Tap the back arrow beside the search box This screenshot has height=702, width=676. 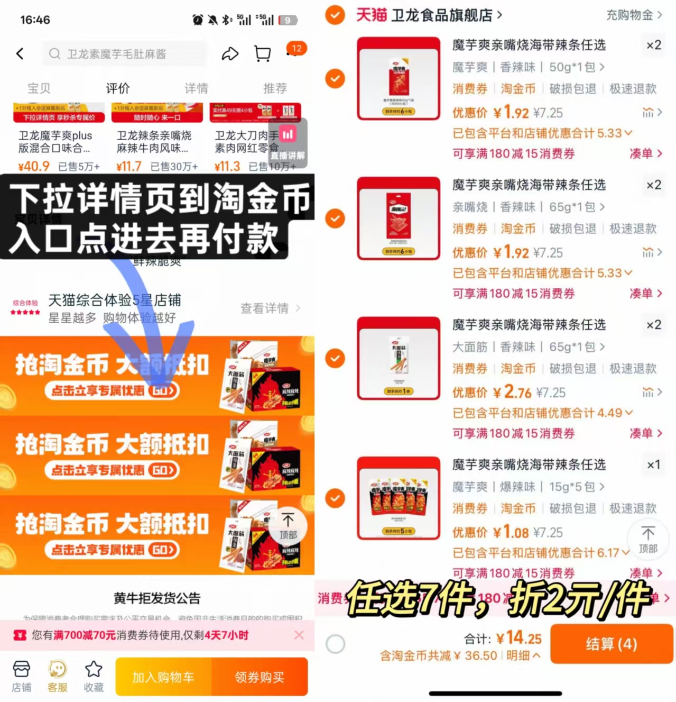coord(20,53)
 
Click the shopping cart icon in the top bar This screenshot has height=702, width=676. coord(262,53)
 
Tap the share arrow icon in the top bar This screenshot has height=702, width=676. coord(230,53)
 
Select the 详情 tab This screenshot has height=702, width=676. coord(196,88)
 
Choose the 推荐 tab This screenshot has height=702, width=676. coord(275,88)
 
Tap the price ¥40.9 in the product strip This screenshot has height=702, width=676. coord(34,167)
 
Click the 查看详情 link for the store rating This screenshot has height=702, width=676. coord(270,308)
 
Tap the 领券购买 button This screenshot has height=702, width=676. coord(260,677)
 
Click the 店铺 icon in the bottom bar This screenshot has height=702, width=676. coord(21,676)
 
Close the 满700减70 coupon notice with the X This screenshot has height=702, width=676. coord(299,635)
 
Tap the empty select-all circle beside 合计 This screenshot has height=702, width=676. coord(336,644)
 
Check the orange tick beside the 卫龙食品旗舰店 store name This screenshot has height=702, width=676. coord(335,15)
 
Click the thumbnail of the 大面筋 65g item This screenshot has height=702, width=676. coord(399,358)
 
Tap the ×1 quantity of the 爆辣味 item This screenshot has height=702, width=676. coord(654,464)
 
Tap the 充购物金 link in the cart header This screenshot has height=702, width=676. coord(633,15)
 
